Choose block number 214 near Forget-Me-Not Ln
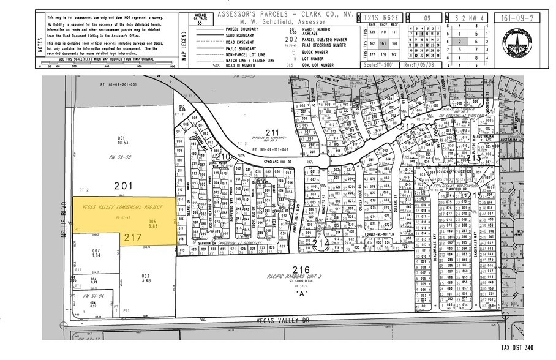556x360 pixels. tap(319, 243)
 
